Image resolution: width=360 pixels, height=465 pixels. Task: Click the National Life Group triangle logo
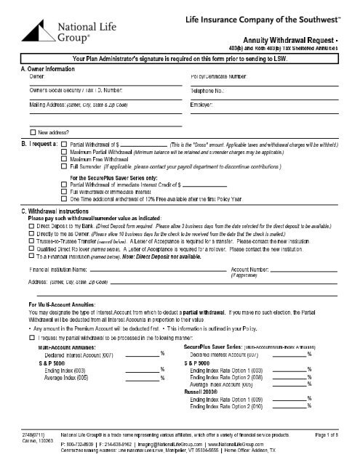click(x=31, y=28)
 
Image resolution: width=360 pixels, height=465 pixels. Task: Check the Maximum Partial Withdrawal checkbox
click(x=63, y=153)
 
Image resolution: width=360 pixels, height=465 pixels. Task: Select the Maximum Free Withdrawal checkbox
click(x=63, y=160)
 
